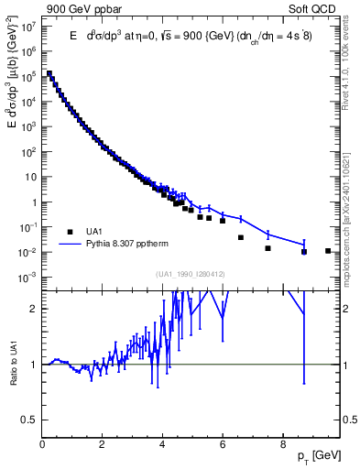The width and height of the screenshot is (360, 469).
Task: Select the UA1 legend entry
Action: [x=102, y=231]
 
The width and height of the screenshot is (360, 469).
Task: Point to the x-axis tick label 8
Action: [x=281, y=445]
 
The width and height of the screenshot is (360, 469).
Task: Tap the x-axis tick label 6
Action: [x=222, y=445]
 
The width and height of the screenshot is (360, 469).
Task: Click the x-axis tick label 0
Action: [x=42, y=445]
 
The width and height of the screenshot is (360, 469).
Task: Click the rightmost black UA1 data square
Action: [x=328, y=250]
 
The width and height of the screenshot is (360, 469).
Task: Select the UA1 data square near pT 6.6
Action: [x=241, y=237]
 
